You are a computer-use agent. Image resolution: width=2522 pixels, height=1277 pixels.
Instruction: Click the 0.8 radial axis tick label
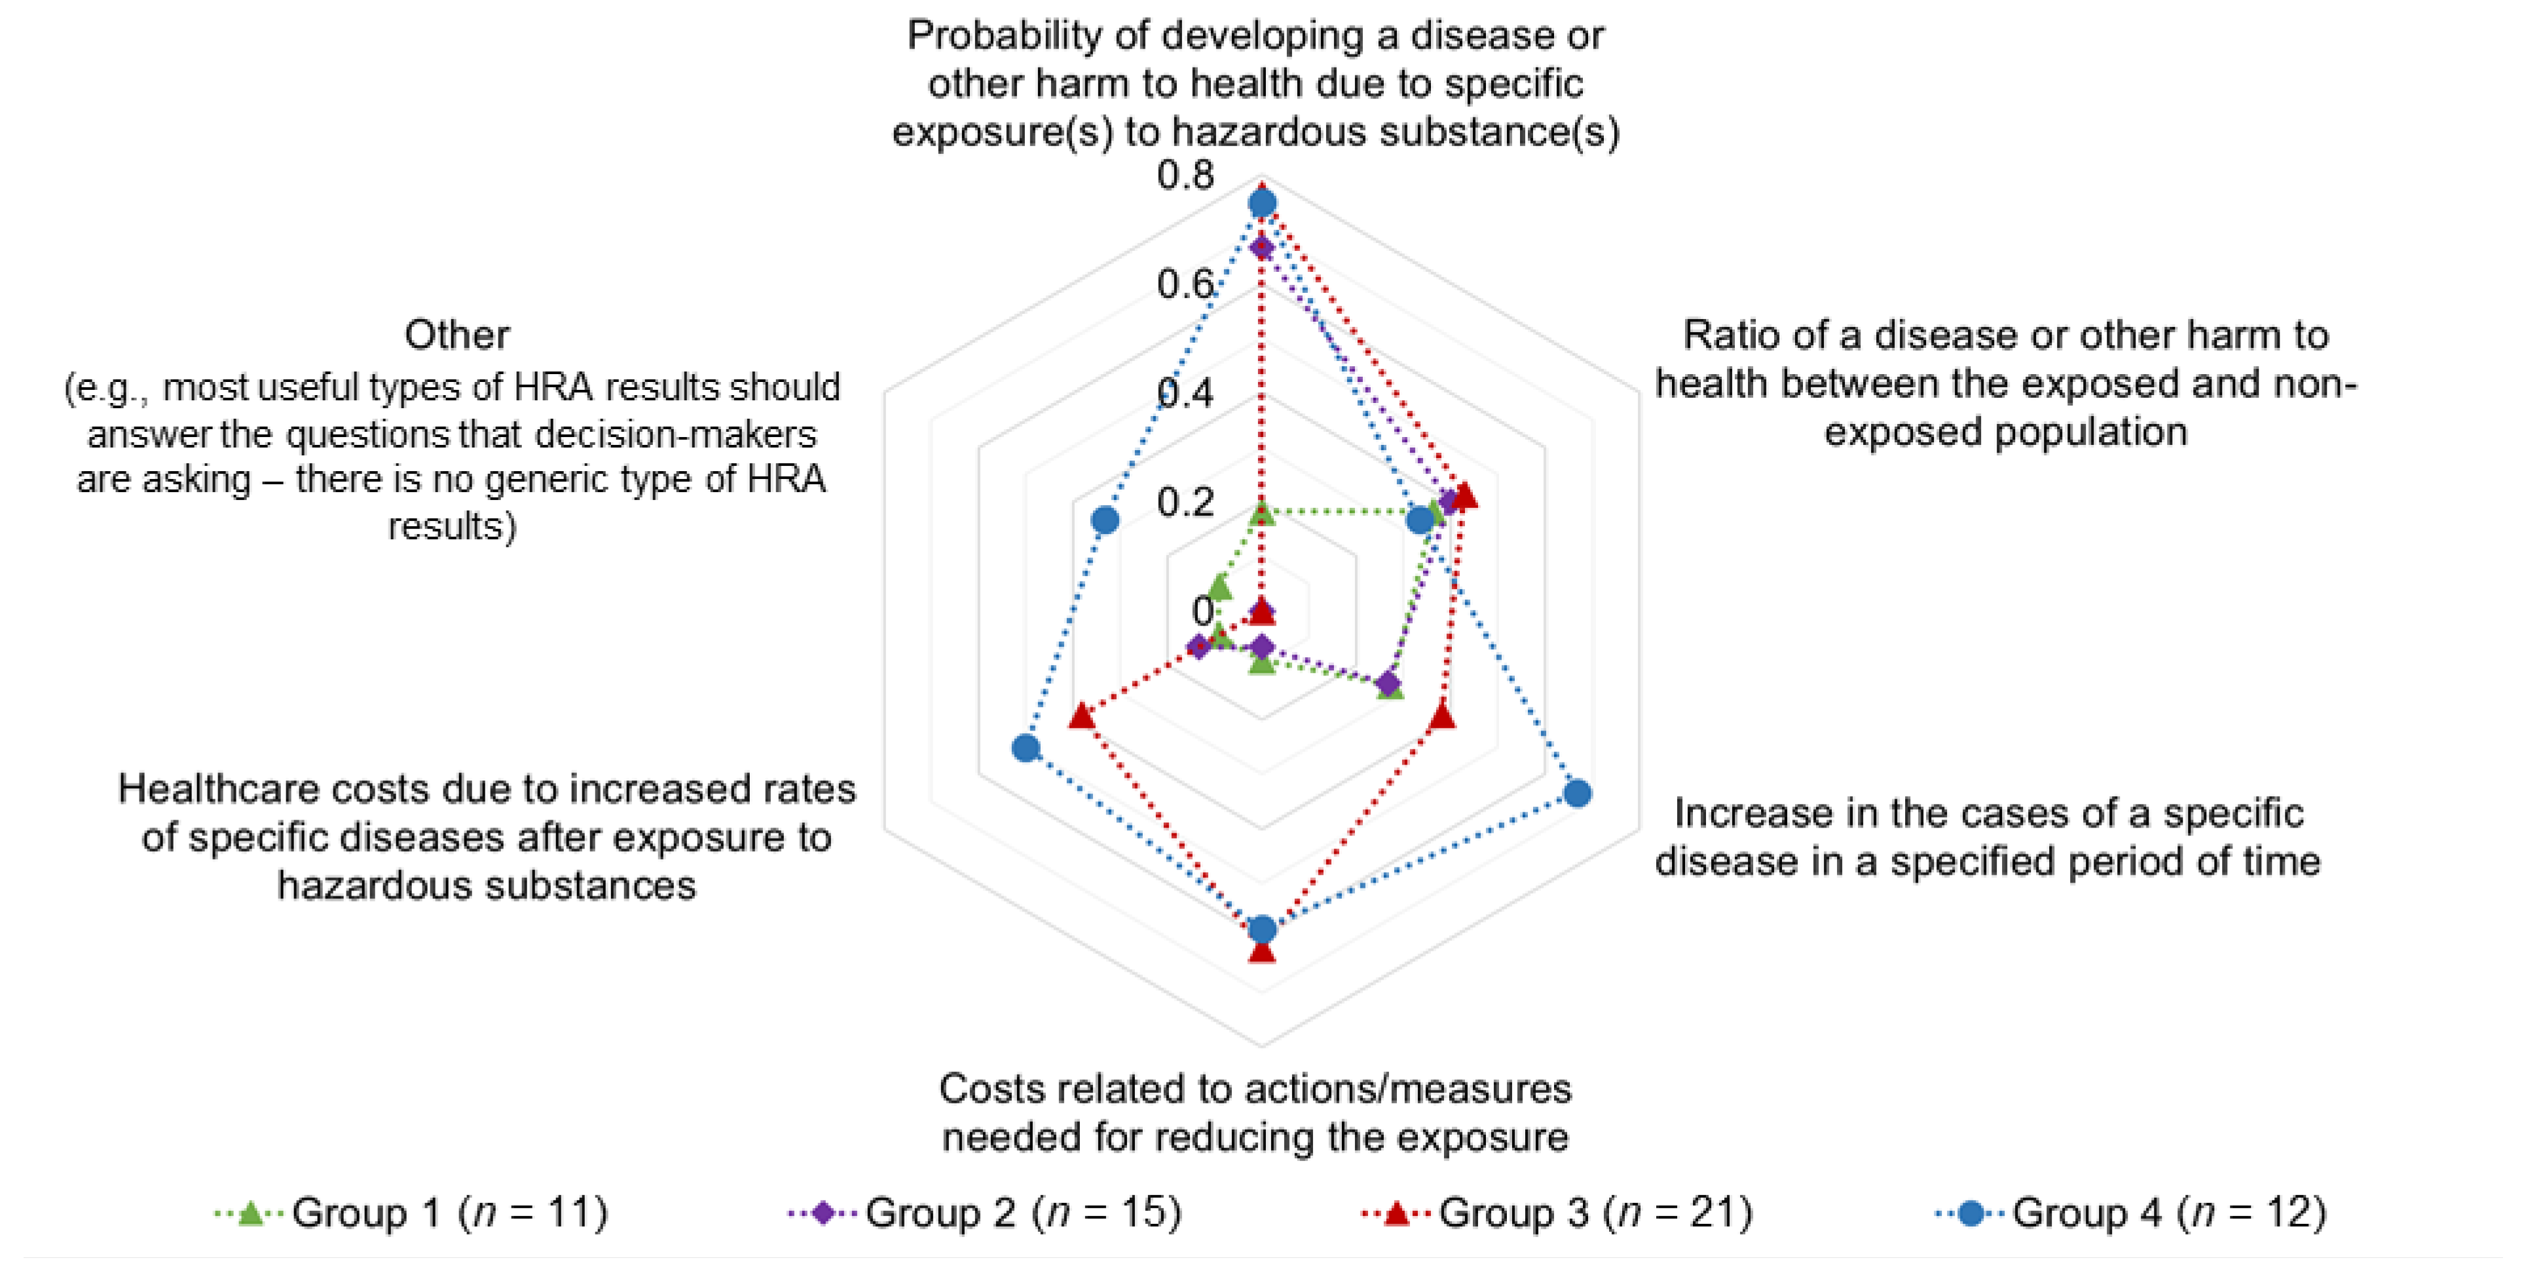[1185, 176]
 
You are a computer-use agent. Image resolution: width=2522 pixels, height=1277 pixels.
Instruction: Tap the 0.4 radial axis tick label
[1185, 394]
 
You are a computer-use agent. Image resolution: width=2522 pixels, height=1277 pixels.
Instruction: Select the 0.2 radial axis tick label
[1185, 503]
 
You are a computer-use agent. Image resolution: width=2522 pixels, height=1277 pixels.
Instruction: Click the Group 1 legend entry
[411, 1212]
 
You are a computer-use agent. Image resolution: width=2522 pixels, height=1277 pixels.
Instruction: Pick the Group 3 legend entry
[1557, 1212]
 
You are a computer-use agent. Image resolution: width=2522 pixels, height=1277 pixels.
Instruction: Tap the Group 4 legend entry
[2130, 1212]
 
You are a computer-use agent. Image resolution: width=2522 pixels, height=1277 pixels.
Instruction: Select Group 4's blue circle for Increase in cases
[1576, 793]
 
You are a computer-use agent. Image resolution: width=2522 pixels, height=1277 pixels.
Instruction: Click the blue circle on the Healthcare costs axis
[1025, 749]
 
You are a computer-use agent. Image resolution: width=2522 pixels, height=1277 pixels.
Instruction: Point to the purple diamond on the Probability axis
[1262, 248]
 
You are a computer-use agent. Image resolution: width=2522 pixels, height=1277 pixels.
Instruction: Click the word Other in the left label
[456, 335]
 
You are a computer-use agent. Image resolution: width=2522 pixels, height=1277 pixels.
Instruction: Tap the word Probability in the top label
[1005, 36]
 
